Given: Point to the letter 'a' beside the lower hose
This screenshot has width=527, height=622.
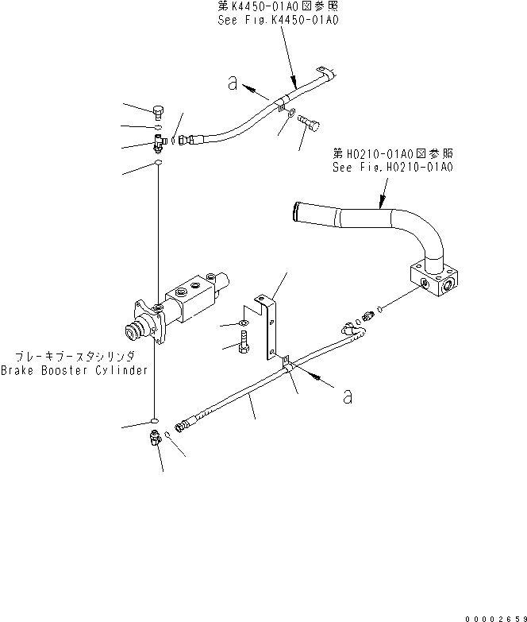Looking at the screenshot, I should click(347, 395).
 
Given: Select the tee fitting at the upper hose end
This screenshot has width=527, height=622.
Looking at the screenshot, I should click(160, 142).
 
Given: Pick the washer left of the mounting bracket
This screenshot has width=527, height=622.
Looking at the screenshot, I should click(241, 323).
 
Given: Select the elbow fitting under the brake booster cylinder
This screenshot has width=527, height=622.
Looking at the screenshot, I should click(155, 437).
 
